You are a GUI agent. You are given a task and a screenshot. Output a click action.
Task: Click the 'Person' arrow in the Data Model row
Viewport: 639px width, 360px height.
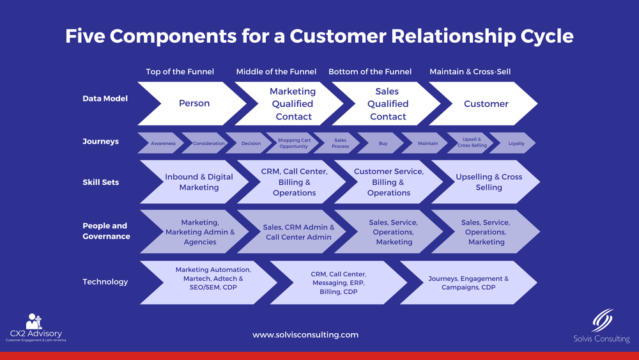(x=194, y=104)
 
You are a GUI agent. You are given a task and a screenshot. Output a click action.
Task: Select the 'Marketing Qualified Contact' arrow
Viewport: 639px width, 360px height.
(x=293, y=104)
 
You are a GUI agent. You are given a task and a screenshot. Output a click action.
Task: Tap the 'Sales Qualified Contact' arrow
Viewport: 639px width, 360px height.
(x=388, y=104)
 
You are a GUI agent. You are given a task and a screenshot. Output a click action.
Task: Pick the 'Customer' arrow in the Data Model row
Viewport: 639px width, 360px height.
(x=486, y=104)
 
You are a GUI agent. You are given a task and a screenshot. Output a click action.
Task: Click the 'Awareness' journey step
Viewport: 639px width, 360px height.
(x=163, y=143)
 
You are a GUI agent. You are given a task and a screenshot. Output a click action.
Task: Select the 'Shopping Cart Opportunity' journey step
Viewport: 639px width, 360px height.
(x=293, y=143)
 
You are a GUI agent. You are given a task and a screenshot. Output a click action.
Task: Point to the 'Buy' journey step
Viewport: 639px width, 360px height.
(x=383, y=143)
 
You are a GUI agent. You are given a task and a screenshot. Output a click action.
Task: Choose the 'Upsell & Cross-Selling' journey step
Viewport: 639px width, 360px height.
(x=472, y=143)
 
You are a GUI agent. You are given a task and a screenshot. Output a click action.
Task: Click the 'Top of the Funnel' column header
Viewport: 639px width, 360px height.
(x=180, y=72)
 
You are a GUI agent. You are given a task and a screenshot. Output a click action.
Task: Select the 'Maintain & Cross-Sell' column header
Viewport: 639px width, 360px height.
(x=470, y=72)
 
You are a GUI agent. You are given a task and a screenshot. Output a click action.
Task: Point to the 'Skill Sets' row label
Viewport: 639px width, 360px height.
(x=101, y=182)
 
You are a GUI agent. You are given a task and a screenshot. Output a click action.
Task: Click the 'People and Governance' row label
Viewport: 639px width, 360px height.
(x=106, y=231)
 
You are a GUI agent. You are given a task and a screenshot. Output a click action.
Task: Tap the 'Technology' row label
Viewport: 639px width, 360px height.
(x=105, y=282)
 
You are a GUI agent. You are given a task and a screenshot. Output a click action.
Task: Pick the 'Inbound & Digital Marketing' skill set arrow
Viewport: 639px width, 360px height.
(x=199, y=182)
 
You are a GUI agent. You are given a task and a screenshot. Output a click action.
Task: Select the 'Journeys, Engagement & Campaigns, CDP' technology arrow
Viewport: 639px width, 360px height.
(x=476, y=283)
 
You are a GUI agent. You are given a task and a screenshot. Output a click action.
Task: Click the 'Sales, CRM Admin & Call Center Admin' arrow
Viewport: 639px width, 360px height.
(x=298, y=232)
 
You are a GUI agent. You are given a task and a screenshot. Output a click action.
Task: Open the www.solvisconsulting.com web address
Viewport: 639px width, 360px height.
(x=305, y=334)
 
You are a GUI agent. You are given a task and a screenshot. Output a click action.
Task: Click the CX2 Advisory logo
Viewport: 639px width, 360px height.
(x=36, y=327)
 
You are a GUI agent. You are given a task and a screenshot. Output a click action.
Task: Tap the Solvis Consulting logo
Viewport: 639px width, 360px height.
(x=601, y=326)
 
